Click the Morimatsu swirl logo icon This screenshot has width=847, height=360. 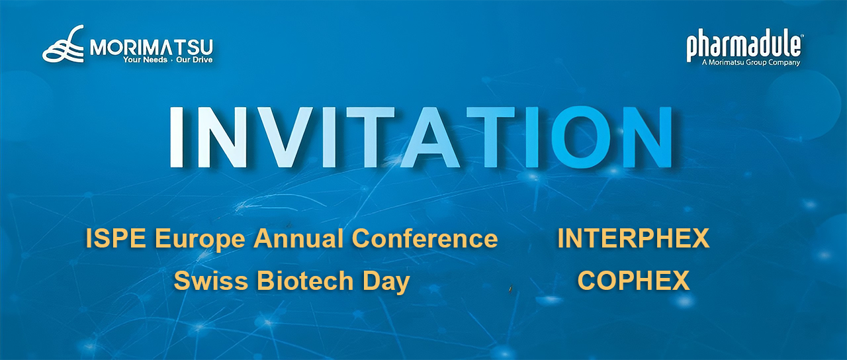[64, 45]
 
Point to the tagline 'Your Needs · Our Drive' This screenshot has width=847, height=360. [167, 60]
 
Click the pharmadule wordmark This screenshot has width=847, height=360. [744, 46]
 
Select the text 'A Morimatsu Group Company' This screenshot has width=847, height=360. [750, 63]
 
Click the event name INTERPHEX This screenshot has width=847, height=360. [633, 238]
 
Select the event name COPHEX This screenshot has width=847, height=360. [633, 281]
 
